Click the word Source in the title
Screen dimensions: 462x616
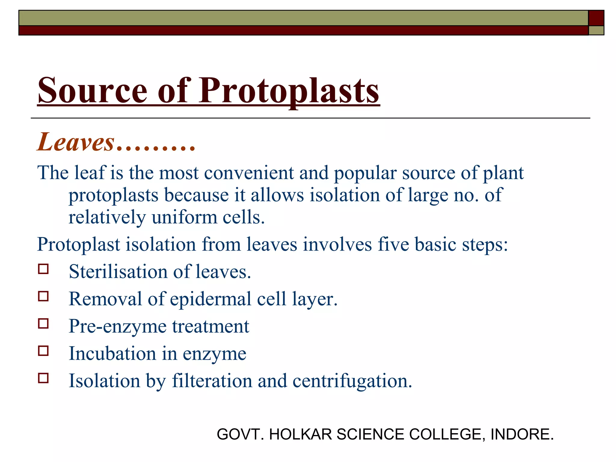pyautogui.click(x=92, y=91)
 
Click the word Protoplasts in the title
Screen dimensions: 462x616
pyautogui.click(x=289, y=91)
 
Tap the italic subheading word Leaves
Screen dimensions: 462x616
pyautogui.click(x=75, y=142)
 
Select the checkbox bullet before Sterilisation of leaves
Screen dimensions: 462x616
pyautogui.click(x=43, y=269)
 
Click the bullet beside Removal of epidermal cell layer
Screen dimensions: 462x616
pyautogui.click(x=43, y=296)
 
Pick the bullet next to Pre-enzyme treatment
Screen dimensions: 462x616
pyautogui.click(x=43, y=324)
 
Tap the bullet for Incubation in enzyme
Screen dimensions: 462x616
pyautogui.click(x=43, y=351)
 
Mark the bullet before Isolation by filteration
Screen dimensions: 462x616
pyautogui.click(x=43, y=378)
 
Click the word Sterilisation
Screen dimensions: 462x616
pyautogui.click(x=118, y=272)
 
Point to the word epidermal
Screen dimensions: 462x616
pyautogui.click(x=211, y=299)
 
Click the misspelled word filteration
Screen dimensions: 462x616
pyautogui.click(x=212, y=381)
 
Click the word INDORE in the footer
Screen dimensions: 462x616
pyautogui.click(x=522, y=434)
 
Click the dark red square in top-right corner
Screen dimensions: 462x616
pyautogui.click(x=596, y=18)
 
